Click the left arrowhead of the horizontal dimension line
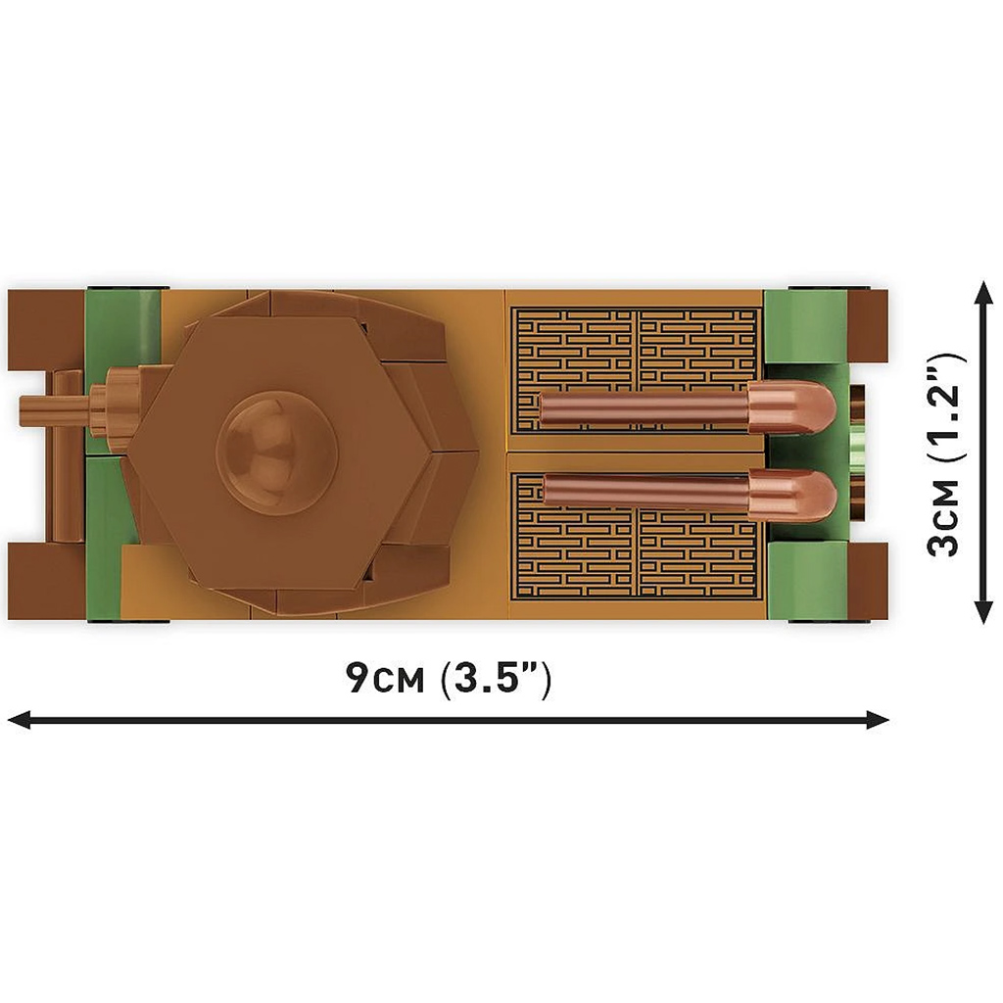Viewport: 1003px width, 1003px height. tap(20, 719)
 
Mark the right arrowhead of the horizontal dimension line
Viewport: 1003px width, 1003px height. tap(877, 719)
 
